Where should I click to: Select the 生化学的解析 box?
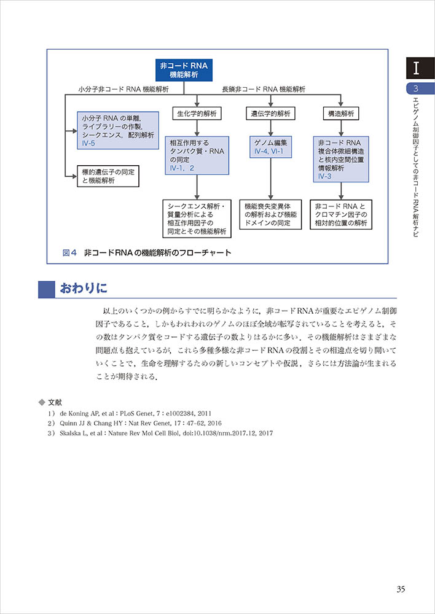195,114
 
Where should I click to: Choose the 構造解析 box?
340,114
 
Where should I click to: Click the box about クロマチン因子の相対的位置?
342,215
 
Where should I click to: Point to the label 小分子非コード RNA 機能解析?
124,90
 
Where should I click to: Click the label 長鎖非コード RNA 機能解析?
264,90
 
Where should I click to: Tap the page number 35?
400,589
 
